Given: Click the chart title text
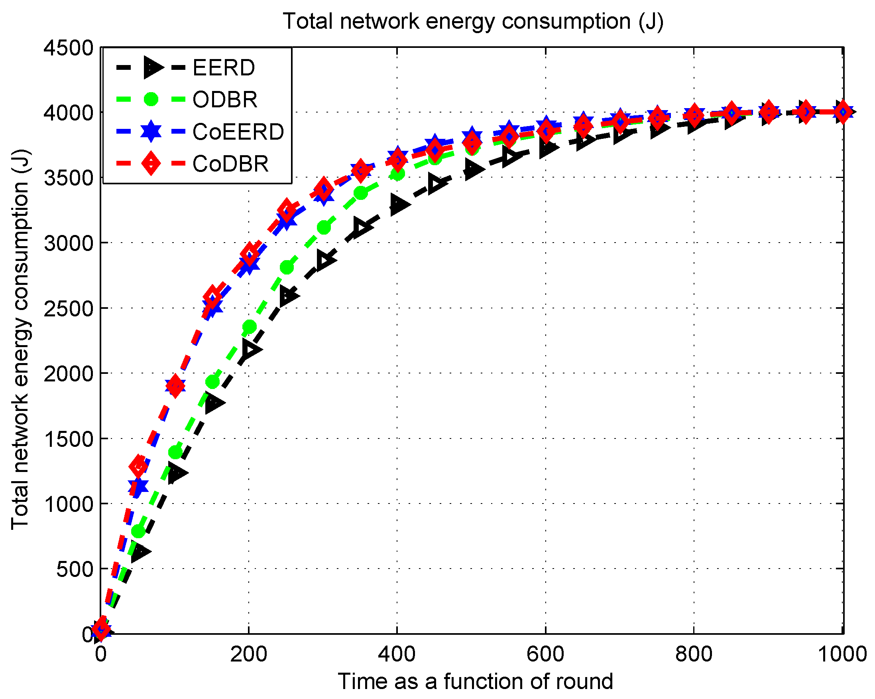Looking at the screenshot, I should pos(473,21).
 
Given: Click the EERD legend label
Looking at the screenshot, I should pos(224,67).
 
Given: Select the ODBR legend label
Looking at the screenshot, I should pos(225,99).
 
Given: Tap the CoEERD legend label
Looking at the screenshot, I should pos(238,132).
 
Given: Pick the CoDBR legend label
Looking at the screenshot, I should pos(230,164).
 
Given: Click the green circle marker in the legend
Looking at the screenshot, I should pos(151,99).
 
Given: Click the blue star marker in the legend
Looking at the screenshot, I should pos(151,131).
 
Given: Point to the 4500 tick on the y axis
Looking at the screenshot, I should pos(69,48).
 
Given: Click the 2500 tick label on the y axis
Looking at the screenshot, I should pos(69,309).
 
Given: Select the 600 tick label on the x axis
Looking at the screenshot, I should pos(545,654).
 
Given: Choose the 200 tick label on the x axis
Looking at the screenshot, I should pos(248,654).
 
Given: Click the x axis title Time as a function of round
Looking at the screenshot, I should pos(475,681).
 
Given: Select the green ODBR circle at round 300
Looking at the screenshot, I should pos(323,227).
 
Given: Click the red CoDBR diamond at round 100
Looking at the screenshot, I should pos(175,385).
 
